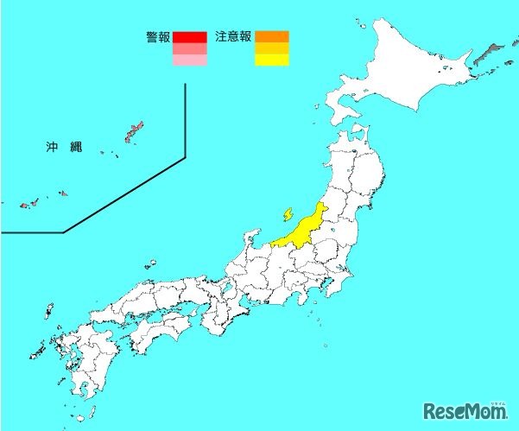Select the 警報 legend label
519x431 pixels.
coord(158,37)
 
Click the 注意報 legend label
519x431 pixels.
coord(233,37)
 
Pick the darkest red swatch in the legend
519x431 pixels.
coord(189,37)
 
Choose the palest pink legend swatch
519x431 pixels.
coord(189,60)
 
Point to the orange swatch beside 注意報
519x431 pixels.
coord(272,36)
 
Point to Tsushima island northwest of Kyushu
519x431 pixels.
coord(48,309)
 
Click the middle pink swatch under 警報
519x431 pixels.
coord(189,49)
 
